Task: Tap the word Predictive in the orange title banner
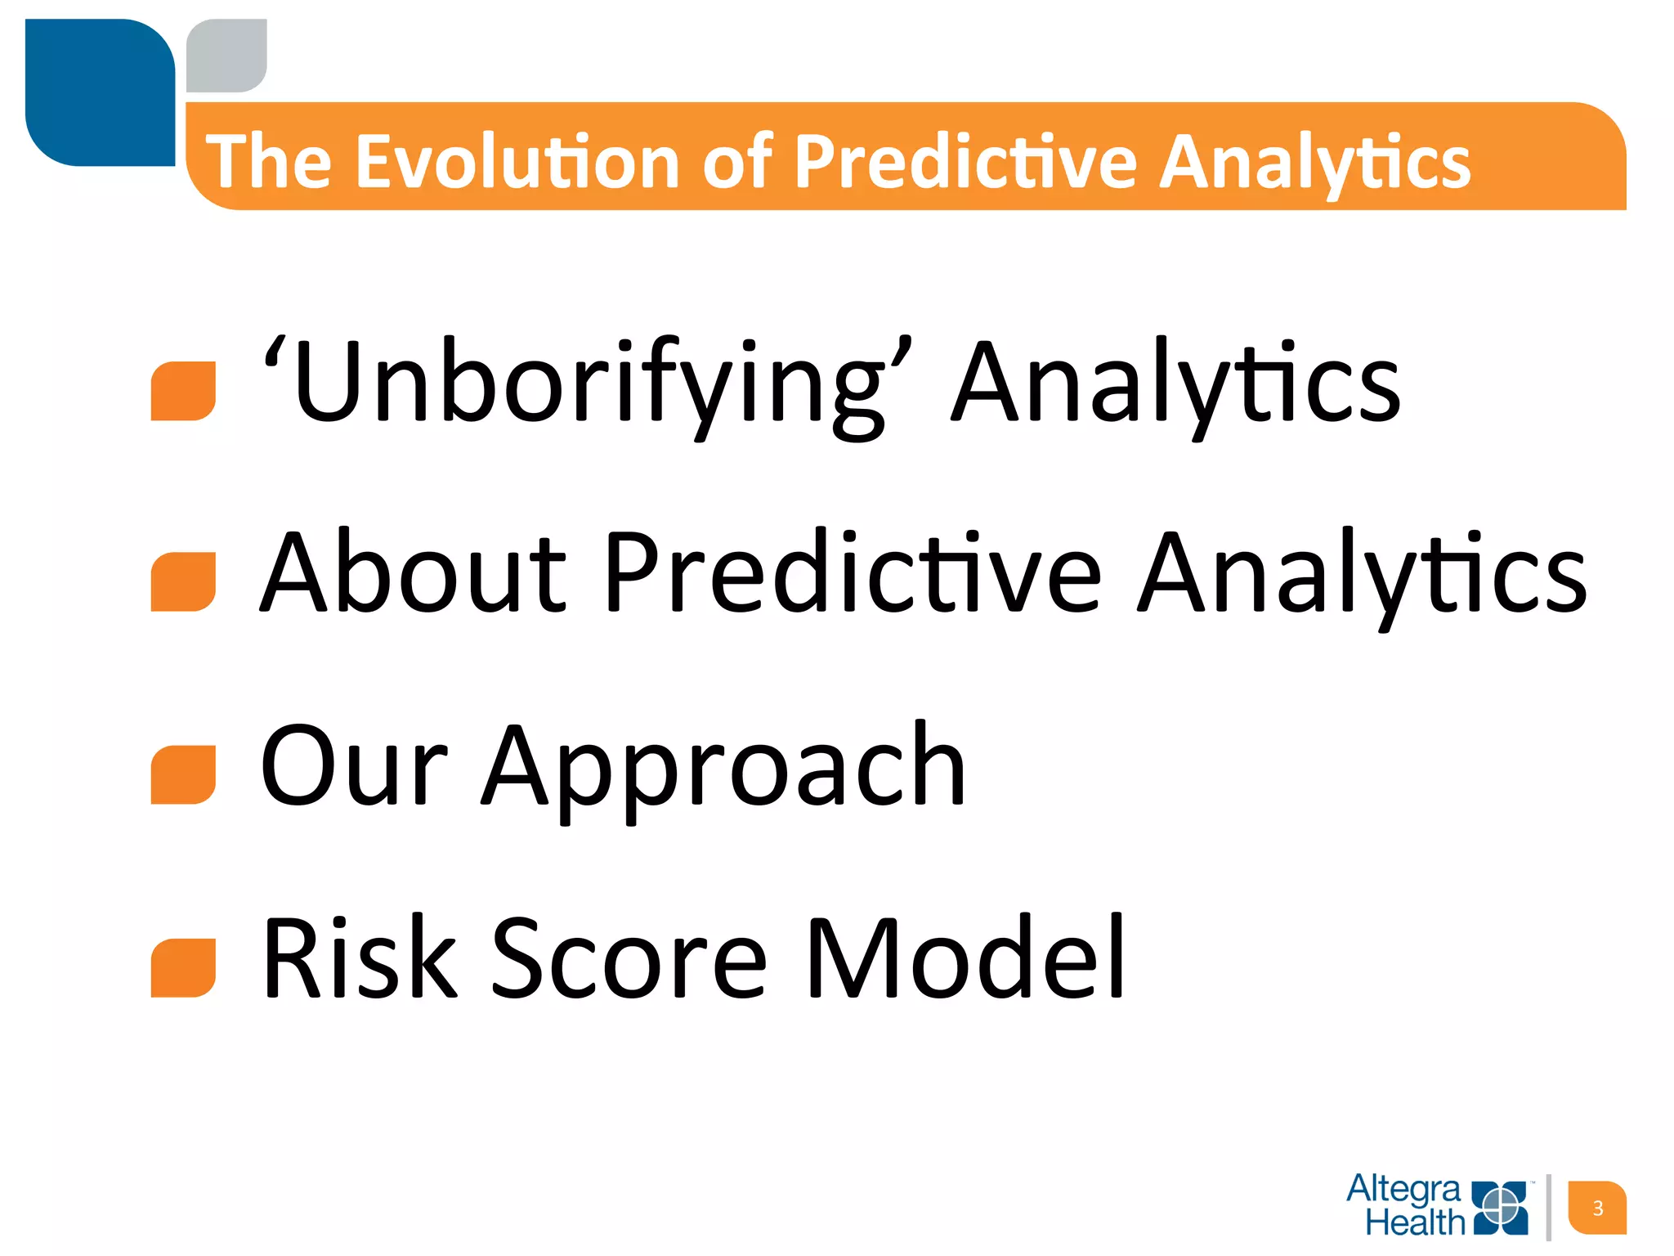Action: click(x=965, y=162)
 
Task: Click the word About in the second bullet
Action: click(x=413, y=572)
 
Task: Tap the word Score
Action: click(x=629, y=958)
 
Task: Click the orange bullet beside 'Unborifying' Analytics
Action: click(x=183, y=392)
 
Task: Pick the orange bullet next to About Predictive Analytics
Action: click(x=183, y=582)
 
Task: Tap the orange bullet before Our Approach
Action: click(x=183, y=775)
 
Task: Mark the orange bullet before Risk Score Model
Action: click(x=183, y=968)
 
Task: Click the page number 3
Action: click(x=1597, y=1208)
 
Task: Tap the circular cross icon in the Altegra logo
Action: click(x=1501, y=1206)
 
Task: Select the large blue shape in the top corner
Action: click(x=100, y=92)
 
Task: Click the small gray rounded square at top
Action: click(x=226, y=55)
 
